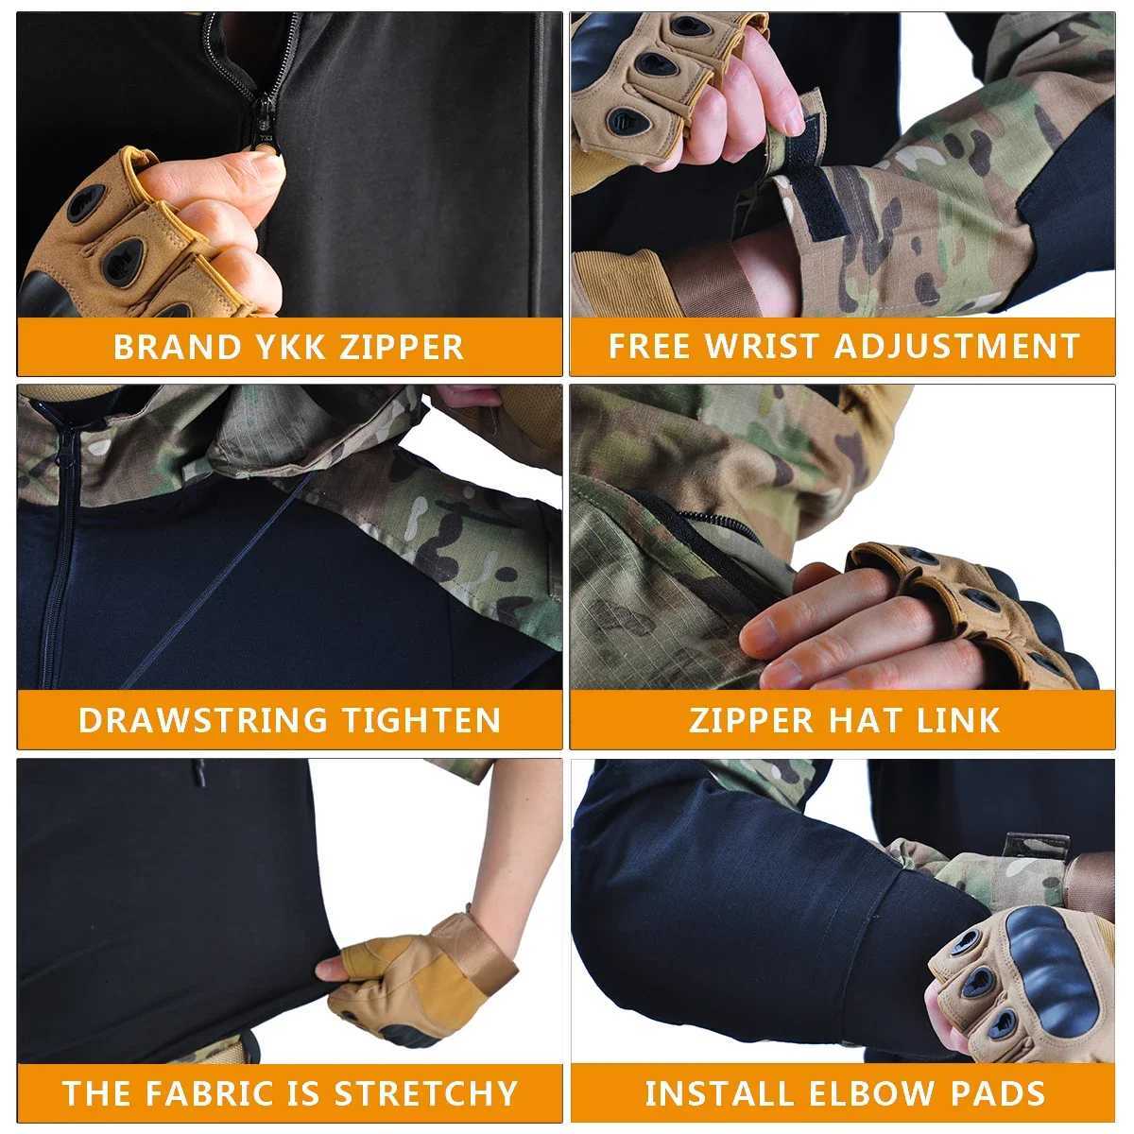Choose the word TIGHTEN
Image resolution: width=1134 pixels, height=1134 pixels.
click(x=421, y=720)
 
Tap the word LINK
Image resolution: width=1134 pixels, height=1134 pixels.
click(x=958, y=720)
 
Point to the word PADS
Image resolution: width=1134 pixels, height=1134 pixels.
click(x=1002, y=1093)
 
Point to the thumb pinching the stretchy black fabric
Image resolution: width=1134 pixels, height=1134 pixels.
click(x=332, y=970)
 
